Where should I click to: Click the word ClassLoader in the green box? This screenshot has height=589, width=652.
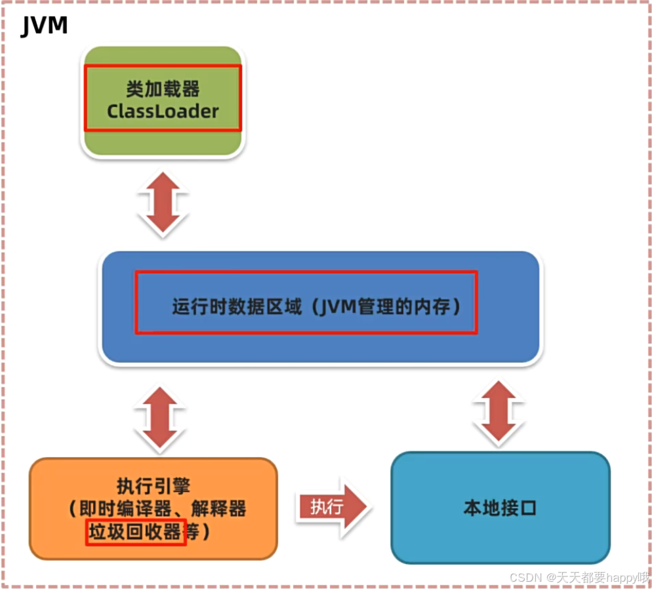163,111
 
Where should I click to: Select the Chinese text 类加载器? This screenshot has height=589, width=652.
163,88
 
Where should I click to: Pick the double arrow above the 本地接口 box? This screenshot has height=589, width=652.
500,412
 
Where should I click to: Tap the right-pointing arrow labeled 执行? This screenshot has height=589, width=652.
331,506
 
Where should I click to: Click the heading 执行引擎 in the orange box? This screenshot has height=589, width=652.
153,486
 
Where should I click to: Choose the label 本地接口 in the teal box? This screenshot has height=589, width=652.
500,508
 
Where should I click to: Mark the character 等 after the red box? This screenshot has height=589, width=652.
193,531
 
